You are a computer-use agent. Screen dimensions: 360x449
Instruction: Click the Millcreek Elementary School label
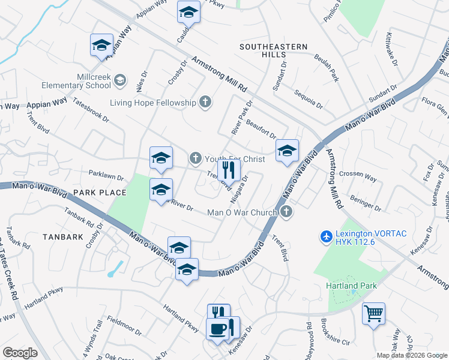pyautogui.click(x=95, y=81)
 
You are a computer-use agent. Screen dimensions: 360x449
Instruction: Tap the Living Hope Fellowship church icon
pyautogui.click(x=205, y=102)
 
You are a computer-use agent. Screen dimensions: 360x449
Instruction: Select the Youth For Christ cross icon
pyautogui.click(x=195, y=159)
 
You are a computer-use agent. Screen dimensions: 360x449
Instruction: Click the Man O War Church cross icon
pyautogui.click(x=287, y=212)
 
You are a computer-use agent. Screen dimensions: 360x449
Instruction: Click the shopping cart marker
pyautogui.click(x=373, y=313)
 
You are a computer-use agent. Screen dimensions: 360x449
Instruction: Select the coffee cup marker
pyautogui.click(x=217, y=328)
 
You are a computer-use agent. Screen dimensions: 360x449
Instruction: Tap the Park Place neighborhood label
pyautogui.click(x=100, y=193)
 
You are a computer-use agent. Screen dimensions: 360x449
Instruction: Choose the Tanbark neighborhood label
pyautogui.click(x=63, y=237)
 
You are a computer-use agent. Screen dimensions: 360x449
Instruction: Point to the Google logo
pyautogui.click(x=19, y=353)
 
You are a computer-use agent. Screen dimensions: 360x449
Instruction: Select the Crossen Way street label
pyautogui.click(x=358, y=178)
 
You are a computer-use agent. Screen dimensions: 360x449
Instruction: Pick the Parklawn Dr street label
pyautogui.click(x=106, y=178)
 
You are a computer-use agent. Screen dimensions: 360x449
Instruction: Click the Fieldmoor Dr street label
pyautogui.click(x=122, y=326)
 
